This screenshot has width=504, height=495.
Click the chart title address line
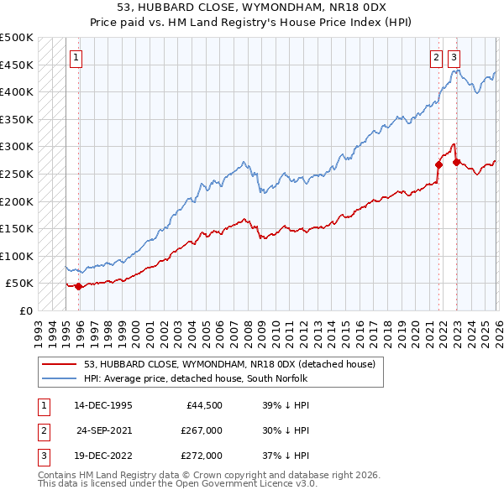(x=251, y=8)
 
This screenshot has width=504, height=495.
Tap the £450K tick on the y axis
(x=17, y=65)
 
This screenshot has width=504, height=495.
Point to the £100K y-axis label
(x=17, y=256)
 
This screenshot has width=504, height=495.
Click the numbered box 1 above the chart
(x=76, y=58)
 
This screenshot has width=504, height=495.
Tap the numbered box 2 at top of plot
(x=437, y=58)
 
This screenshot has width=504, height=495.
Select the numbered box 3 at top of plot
(x=454, y=58)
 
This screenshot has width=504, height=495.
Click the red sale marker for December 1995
(x=79, y=286)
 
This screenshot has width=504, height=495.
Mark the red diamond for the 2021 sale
(x=439, y=165)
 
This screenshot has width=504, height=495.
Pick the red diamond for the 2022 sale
(x=456, y=162)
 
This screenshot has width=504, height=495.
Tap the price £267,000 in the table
(x=202, y=430)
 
